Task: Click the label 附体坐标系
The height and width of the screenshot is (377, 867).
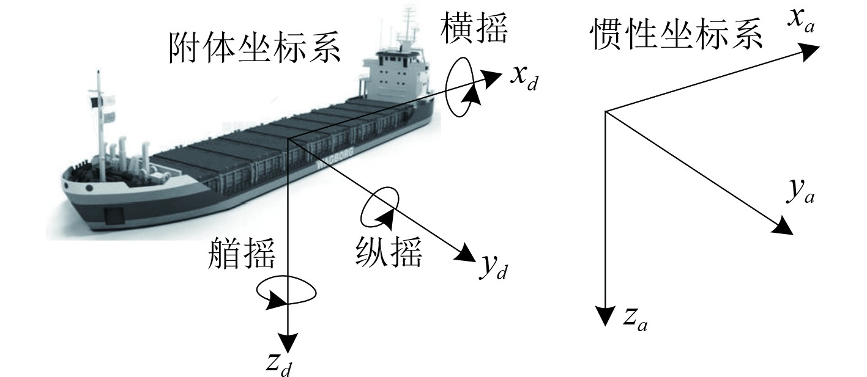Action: pyautogui.click(x=253, y=49)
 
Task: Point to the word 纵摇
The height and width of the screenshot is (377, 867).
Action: pyautogui.click(x=389, y=251)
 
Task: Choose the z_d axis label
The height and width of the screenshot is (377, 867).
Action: pyautogui.click(x=282, y=362)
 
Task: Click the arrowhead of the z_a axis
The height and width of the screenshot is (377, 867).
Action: pyautogui.click(x=605, y=316)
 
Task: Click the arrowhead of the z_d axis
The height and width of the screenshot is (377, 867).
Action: pyautogui.click(x=288, y=343)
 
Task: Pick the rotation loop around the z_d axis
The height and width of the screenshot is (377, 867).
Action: pyautogui.click(x=286, y=292)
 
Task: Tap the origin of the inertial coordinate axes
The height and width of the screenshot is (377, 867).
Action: pyautogui.click(x=605, y=111)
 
